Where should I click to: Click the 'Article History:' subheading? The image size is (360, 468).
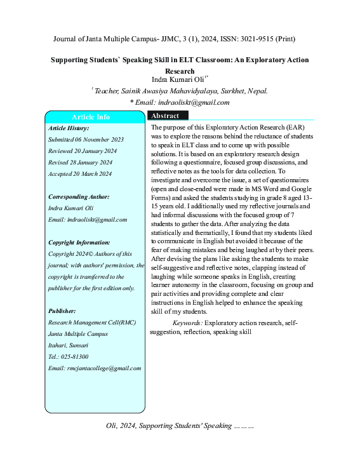69,128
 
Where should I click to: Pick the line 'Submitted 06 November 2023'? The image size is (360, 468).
86,139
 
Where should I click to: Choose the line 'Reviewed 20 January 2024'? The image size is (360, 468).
83,150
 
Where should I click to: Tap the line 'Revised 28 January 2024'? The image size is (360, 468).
81,162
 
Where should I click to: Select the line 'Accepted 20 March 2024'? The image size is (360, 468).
80,173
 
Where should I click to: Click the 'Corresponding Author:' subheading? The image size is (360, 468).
79,196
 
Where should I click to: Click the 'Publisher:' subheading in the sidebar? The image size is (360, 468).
62,311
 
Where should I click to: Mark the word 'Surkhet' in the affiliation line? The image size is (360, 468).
231,91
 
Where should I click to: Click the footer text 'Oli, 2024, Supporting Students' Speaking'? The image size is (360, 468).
168,425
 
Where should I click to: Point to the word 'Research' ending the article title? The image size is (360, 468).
179,71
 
